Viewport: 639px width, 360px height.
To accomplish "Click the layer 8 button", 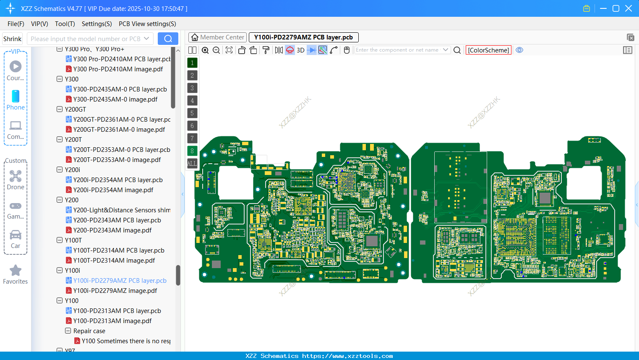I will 192,151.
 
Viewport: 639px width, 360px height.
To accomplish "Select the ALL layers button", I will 192,163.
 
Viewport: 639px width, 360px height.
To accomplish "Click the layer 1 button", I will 192,63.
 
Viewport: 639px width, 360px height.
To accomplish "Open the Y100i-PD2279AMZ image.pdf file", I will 115,290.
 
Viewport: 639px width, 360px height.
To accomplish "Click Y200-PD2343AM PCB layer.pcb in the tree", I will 117,220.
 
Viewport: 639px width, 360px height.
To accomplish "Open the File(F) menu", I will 16,24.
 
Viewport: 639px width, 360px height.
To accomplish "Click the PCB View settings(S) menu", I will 147,24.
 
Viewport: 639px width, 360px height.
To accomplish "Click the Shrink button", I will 13,39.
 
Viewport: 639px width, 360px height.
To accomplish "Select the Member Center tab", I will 218,37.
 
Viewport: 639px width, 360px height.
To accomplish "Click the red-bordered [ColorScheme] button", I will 488,50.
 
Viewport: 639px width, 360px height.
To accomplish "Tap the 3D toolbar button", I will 300,50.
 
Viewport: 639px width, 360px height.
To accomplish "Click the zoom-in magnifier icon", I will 205,50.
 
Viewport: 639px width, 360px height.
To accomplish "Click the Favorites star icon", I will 16,271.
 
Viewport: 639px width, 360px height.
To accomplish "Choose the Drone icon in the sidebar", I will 16,176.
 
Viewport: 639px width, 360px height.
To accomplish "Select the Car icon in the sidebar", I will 16,235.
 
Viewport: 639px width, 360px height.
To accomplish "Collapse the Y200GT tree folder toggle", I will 60,109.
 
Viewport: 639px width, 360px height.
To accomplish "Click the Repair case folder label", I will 89,331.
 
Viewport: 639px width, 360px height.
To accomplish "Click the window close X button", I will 629,8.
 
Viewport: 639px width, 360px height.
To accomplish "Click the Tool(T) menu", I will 65,24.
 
